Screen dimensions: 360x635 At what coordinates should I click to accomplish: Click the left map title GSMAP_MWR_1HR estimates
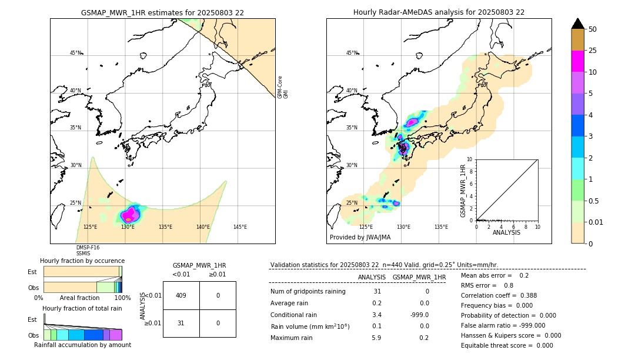pyautogui.click(x=162, y=12)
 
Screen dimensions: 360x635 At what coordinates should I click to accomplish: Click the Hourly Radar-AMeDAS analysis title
pyautogui.click(x=439, y=12)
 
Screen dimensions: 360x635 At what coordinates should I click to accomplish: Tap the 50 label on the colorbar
pyautogui.click(x=593, y=29)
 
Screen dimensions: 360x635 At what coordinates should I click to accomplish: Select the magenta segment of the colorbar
pyautogui.click(x=578, y=61)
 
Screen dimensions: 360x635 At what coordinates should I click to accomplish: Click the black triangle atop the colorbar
pyautogui.click(x=578, y=24)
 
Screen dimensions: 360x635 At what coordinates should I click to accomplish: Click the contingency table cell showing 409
pyautogui.click(x=181, y=295)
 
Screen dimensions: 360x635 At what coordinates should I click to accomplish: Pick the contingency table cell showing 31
pyautogui.click(x=181, y=323)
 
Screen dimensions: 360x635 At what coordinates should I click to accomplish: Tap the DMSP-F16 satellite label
pyautogui.click(x=88, y=248)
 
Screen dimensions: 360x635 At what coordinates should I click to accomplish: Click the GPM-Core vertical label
pyautogui.click(x=280, y=86)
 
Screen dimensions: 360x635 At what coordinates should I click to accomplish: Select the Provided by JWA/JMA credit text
pyautogui.click(x=360, y=238)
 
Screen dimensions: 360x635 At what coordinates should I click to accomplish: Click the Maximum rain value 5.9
pyautogui.click(x=376, y=338)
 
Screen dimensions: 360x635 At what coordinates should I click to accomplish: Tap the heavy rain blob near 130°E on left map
pyautogui.click(x=130, y=214)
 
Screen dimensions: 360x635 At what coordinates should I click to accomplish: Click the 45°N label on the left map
pyautogui.click(x=75, y=53)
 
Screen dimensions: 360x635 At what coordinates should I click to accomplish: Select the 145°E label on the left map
pyautogui.click(x=240, y=227)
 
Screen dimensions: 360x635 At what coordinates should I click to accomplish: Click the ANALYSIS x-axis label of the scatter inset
pyautogui.click(x=507, y=232)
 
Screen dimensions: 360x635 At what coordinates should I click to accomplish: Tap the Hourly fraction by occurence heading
pyautogui.click(x=82, y=261)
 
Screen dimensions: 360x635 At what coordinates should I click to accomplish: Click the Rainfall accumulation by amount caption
pyautogui.click(x=82, y=345)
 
